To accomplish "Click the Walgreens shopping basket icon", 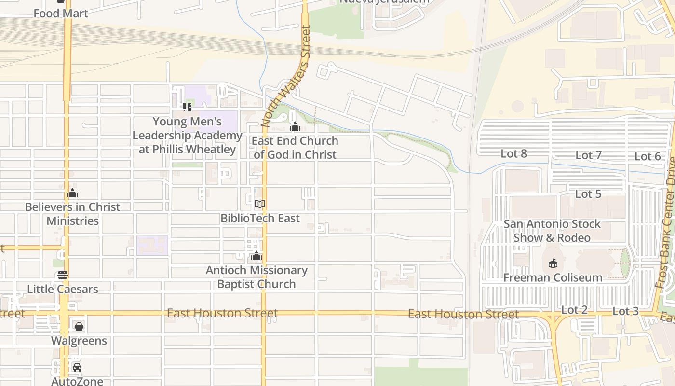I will [x=79, y=327].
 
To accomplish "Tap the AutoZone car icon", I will [x=77, y=368].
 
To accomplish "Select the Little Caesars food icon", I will [x=63, y=275].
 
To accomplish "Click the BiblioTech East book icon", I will [x=260, y=204].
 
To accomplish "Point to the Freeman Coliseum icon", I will [x=553, y=263].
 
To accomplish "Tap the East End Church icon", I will [x=295, y=127].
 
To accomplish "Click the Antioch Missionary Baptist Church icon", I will [x=256, y=256].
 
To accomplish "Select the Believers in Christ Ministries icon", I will [x=72, y=193].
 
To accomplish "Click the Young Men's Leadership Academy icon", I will [x=187, y=107].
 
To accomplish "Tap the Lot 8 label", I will [x=513, y=154].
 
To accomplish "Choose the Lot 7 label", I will [x=588, y=155].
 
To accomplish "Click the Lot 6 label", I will [x=647, y=156].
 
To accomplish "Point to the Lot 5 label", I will [x=588, y=194].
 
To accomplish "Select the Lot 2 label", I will [x=574, y=310].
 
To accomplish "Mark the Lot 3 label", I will [x=625, y=311].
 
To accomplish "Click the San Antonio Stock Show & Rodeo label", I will [x=552, y=231].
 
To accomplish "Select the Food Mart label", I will [x=61, y=14].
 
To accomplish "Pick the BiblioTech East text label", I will [x=260, y=218].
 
